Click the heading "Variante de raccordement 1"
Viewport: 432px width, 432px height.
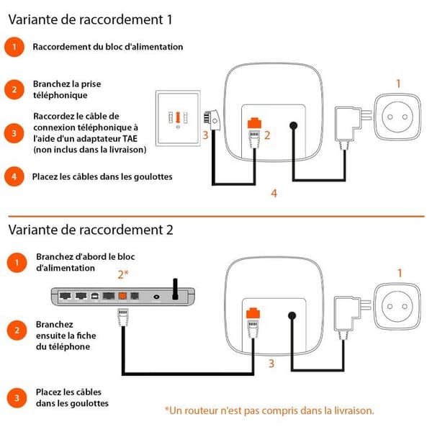[x=90, y=19]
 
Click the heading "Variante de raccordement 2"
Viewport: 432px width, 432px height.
[x=91, y=230]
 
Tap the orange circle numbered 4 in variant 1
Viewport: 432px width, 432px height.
[x=14, y=176]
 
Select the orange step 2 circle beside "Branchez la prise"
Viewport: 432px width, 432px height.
[x=14, y=89]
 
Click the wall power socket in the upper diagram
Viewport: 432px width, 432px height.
[x=397, y=117]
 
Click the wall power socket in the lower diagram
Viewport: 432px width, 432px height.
[x=397, y=307]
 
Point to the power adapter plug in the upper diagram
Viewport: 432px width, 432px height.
[x=352, y=125]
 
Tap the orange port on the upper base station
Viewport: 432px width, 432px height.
[x=254, y=123]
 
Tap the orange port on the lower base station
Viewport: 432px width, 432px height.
[x=253, y=313]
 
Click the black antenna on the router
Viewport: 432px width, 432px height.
[x=175, y=289]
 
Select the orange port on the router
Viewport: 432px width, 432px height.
[x=122, y=296]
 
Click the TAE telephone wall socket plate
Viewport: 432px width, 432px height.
[x=178, y=118]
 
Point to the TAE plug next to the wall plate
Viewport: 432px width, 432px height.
[x=212, y=120]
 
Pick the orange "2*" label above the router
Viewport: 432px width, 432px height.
[x=123, y=274]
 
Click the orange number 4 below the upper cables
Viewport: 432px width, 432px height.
[x=274, y=194]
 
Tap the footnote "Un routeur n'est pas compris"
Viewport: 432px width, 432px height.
[x=270, y=410]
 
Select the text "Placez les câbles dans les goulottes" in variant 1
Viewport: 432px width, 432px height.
[x=102, y=176]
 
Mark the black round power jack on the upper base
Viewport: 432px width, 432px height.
[x=294, y=126]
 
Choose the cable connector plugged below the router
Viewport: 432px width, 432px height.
[x=123, y=318]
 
